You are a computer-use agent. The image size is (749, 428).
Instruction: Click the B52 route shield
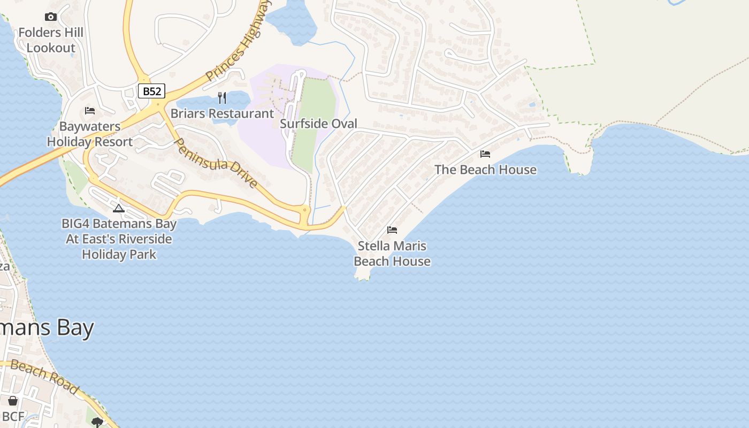(152, 91)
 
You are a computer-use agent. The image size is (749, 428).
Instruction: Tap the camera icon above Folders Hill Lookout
(51, 17)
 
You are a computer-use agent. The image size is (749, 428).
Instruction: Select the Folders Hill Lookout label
(51, 40)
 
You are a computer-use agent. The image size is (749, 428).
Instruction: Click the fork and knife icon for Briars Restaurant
(222, 98)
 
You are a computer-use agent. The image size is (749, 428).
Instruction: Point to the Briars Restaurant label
(222, 113)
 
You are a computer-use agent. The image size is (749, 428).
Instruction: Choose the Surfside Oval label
(318, 124)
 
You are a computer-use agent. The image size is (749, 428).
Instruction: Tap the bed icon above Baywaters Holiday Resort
(90, 111)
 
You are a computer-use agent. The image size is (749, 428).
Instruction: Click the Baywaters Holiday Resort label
(90, 134)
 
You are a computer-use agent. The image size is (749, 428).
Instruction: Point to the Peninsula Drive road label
(217, 163)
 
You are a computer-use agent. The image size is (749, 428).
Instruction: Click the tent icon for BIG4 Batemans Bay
(119, 208)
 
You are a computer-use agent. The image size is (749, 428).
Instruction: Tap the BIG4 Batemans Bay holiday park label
(119, 239)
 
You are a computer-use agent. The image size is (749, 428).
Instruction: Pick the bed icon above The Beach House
(485, 154)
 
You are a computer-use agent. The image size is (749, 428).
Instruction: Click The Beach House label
(485, 170)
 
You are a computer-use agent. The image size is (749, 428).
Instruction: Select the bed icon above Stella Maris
(392, 230)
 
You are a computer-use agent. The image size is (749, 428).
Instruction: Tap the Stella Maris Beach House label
(392, 254)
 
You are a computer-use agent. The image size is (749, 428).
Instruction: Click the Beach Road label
(45, 377)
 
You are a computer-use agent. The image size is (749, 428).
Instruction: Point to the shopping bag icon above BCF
(13, 401)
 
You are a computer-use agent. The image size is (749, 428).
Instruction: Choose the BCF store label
(13, 416)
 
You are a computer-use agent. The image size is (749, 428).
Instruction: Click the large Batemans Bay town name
(47, 327)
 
